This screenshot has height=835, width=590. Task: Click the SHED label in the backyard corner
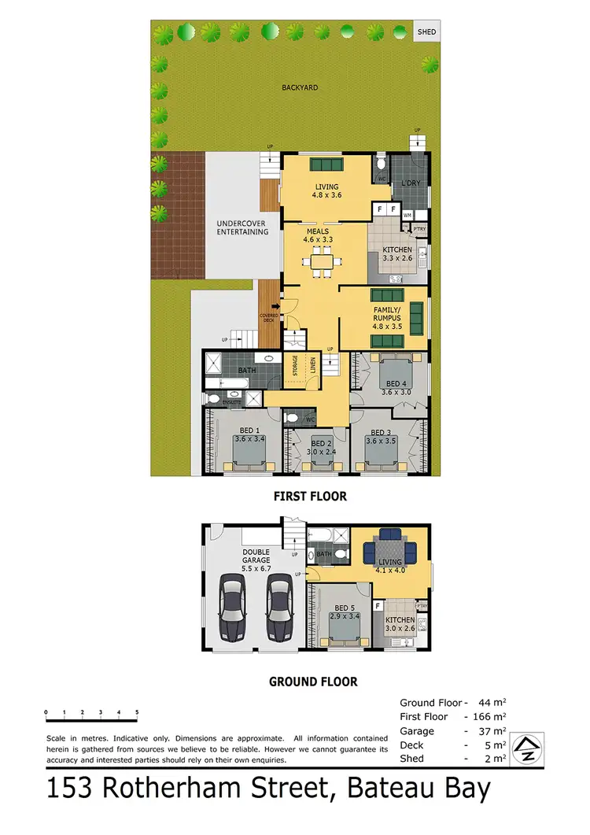coord(427,32)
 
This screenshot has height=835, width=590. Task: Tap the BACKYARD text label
coord(300,87)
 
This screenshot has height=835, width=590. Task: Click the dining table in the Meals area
coord(321,260)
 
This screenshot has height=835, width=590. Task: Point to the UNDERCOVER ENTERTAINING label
coord(242,227)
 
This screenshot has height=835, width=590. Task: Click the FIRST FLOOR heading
coord(310,497)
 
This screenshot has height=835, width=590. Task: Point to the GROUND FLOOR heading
coord(313,682)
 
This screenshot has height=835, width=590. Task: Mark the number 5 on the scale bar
coord(137,711)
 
